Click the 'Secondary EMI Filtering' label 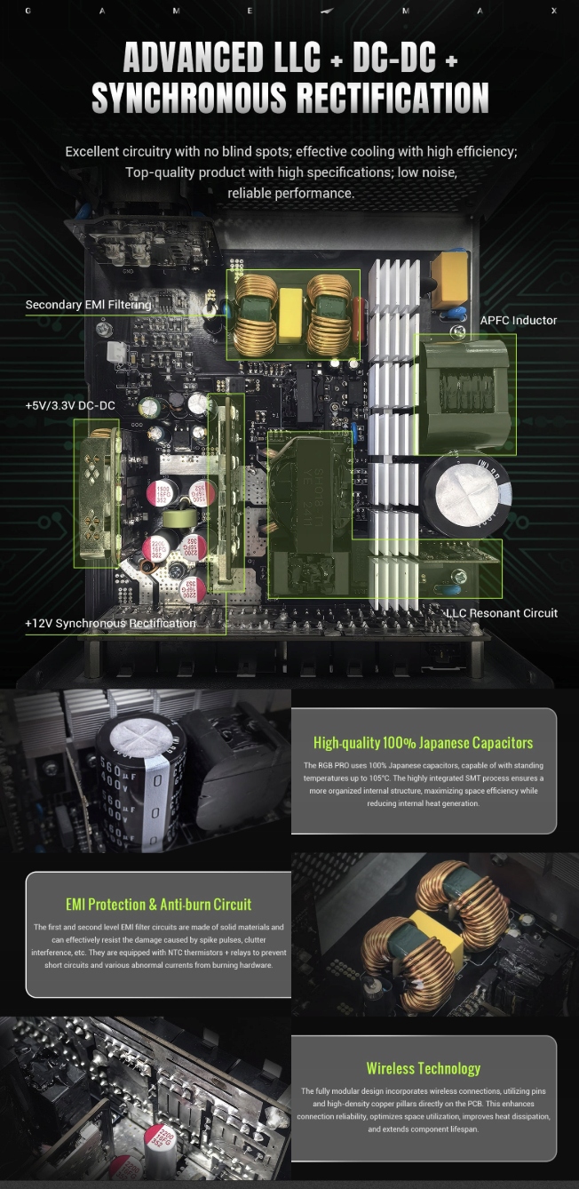(88, 305)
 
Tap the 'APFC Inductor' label (519, 320)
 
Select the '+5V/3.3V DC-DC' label (70, 405)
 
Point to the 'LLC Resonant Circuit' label (502, 613)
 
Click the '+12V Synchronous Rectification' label (110, 623)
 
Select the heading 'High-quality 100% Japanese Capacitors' (424, 742)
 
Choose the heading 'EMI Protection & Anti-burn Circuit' (158, 904)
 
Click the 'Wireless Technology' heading (424, 1068)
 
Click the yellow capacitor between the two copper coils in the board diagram (291, 315)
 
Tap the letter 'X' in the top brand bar (553, 12)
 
